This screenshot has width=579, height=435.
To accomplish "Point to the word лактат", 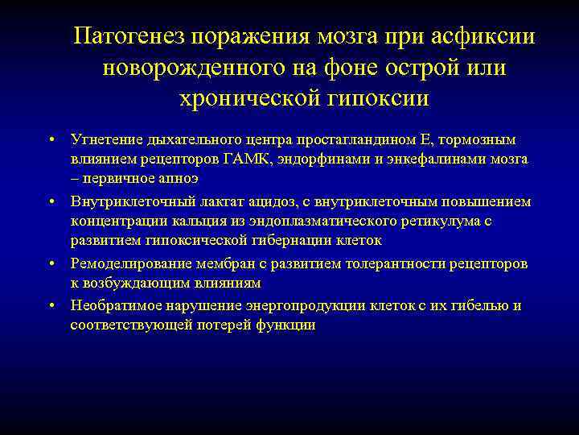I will click(212, 201).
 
